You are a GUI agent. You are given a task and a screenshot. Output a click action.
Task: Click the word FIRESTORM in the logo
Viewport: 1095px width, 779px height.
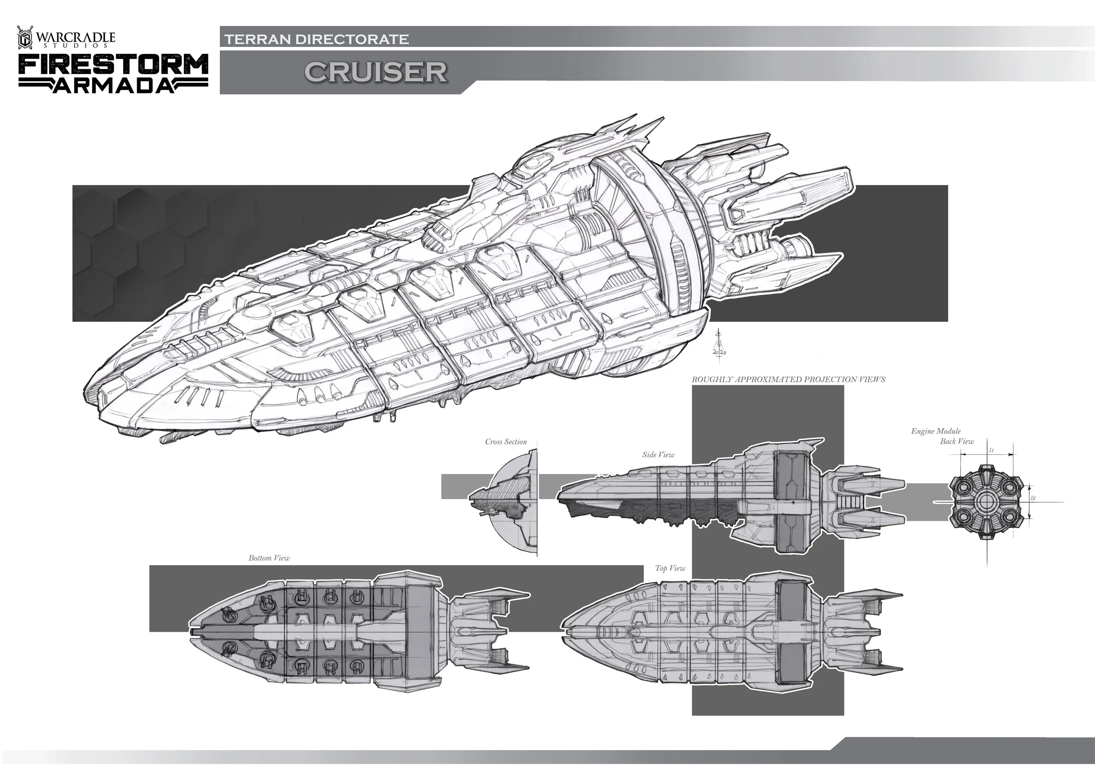pos(113,64)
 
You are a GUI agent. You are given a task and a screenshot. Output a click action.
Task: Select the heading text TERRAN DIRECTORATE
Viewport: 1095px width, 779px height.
pos(317,39)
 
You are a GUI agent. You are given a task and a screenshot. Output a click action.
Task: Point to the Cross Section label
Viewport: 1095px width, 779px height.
pos(505,442)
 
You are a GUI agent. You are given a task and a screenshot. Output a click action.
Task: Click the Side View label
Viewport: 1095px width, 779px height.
pos(658,455)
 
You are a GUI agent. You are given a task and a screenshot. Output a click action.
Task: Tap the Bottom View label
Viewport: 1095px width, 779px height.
pos(269,558)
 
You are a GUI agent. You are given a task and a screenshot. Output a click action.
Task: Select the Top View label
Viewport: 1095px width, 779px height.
pos(670,569)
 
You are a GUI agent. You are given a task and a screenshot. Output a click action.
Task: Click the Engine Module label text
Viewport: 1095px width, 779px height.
pos(936,431)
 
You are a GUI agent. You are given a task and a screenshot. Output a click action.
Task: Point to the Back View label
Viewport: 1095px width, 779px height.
pos(957,441)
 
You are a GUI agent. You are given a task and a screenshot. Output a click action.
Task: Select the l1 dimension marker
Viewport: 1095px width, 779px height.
pos(991,450)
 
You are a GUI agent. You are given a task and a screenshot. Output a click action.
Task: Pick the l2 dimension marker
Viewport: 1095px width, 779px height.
pos(1033,498)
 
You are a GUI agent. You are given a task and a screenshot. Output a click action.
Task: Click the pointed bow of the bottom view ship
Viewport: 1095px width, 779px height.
pos(192,632)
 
